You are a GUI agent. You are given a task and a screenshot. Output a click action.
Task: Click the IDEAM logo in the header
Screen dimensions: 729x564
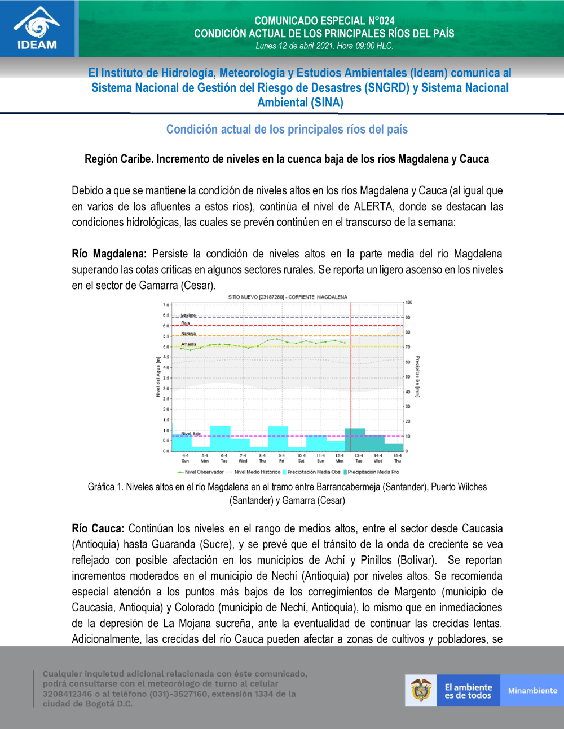(37, 28)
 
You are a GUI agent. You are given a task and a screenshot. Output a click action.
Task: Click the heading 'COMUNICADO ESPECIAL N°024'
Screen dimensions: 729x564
(324, 21)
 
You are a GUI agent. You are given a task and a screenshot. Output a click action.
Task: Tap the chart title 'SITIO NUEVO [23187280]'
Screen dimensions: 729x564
(288, 297)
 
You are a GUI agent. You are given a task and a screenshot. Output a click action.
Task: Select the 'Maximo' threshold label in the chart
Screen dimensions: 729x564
(188, 315)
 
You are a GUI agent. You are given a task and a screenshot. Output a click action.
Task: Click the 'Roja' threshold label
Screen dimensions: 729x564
(186, 323)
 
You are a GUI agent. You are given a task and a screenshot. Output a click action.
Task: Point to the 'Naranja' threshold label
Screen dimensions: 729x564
(188, 334)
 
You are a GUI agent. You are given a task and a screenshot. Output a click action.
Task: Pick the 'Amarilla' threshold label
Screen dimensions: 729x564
(188, 344)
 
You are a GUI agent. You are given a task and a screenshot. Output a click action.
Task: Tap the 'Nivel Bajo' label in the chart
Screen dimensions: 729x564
(191, 434)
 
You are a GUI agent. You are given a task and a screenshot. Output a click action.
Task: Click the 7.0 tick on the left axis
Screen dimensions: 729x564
(166, 305)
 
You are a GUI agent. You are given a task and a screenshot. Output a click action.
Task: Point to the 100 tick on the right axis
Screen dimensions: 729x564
(409, 303)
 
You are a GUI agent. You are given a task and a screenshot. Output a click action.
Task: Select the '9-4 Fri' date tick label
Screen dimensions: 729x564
(281, 458)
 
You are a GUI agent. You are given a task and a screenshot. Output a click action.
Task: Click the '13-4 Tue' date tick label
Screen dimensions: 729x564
(359, 458)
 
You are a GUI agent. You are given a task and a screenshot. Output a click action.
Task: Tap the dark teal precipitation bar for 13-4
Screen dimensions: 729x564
(355, 440)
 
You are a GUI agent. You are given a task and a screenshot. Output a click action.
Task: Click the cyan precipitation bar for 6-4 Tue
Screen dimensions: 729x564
(220, 438)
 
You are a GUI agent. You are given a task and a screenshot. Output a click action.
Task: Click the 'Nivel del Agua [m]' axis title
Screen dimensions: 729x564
(158, 377)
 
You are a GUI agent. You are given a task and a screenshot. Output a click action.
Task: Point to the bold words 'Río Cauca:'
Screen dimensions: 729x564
(98, 528)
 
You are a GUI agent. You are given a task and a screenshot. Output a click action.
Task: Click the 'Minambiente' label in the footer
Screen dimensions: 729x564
(532, 691)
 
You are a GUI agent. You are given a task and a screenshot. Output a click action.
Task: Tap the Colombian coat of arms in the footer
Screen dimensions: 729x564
(421, 690)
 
